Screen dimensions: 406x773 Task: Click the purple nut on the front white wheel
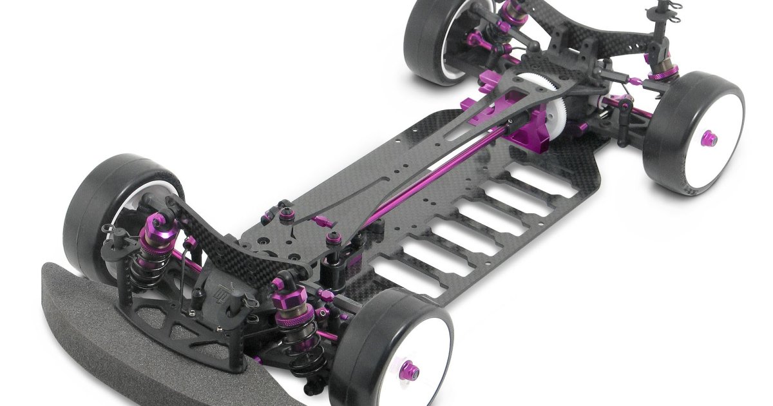tap(411, 372)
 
